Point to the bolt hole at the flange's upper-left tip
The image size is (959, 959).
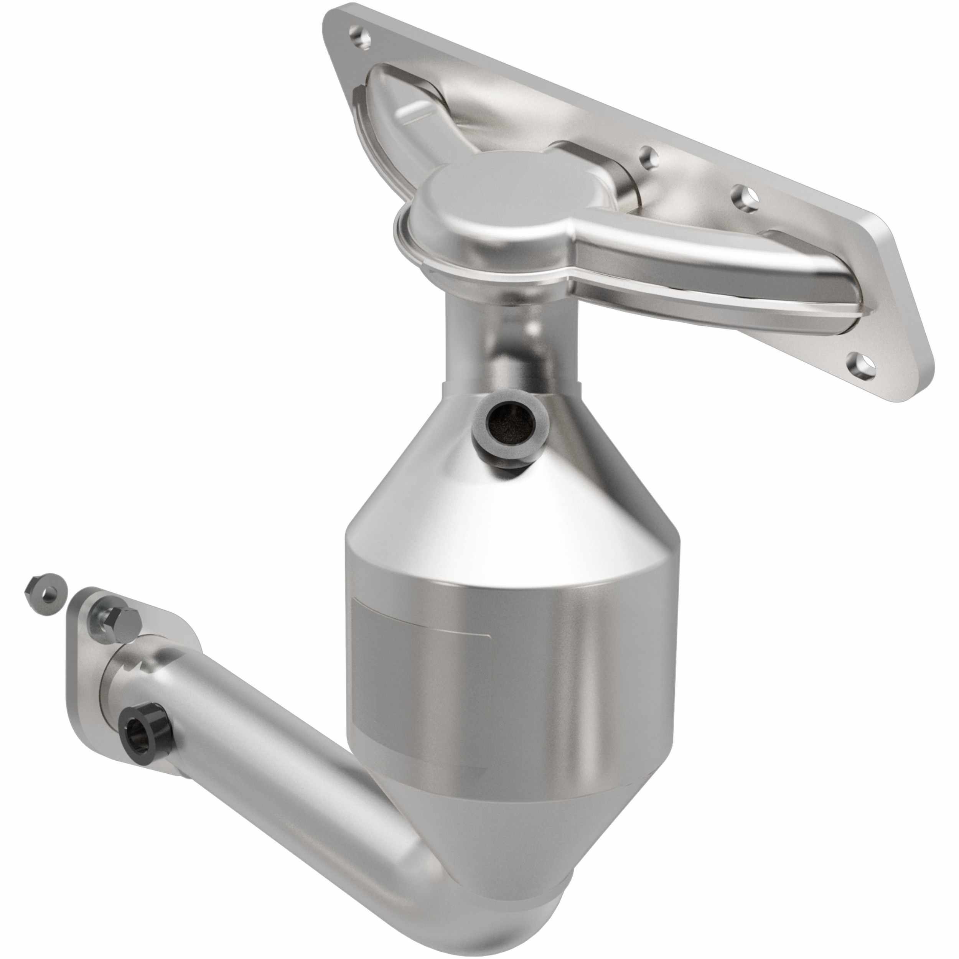point(360,37)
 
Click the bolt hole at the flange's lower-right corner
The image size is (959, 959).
point(864,368)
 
